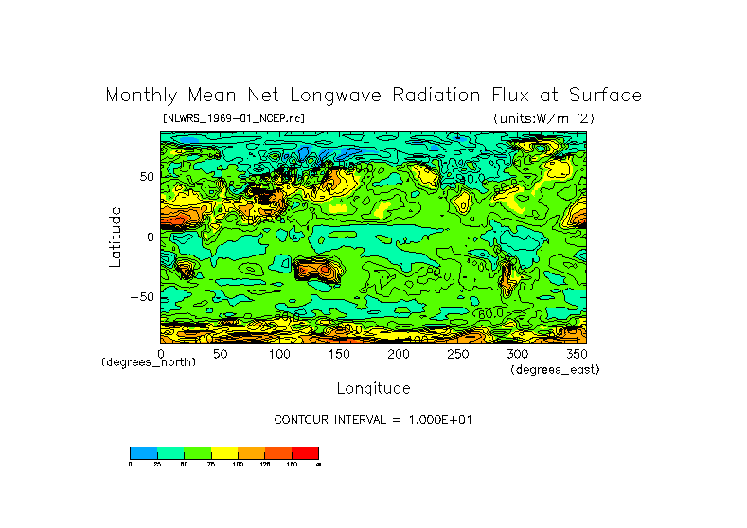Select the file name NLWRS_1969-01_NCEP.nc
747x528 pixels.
[x=234, y=118]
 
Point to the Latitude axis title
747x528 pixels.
[x=116, y=237]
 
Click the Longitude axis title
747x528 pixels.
[x=373, y=388]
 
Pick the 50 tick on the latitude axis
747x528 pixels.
[x=147, y=177]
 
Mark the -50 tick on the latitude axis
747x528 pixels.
[x=142, y=296]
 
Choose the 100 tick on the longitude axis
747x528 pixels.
[x=280, y=354]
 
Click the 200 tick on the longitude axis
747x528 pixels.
[x=400, y=354]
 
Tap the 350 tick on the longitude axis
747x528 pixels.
[x=578, y=354]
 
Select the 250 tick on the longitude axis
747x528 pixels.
[x=459, y=354]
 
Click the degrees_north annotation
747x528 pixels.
[x=149, y=362]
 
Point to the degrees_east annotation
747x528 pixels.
[x=555, y=370]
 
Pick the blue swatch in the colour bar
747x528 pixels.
[x=143, y=452]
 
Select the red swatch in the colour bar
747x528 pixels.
[x=305, y=452]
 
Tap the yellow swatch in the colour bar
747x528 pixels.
[x=224, y=452]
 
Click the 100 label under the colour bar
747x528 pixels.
[x=238, y=464]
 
